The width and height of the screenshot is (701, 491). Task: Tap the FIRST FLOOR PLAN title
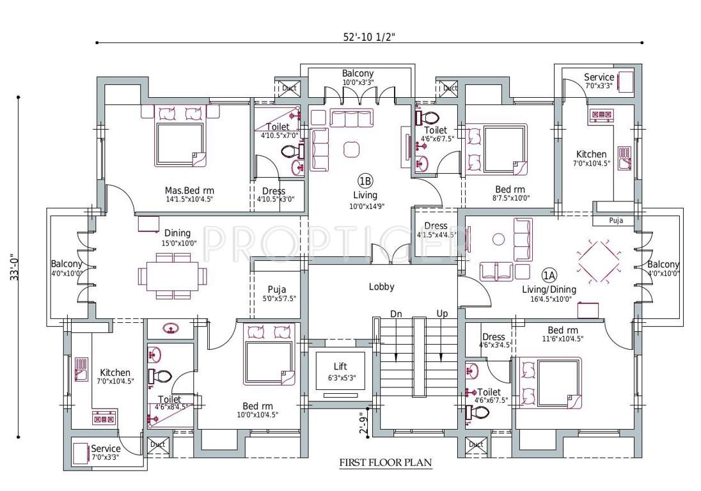click(x=385, y=462)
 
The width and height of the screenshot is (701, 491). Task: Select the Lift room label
click(x=340, y=366)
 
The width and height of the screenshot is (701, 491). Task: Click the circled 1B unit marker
click(x=365, y=180)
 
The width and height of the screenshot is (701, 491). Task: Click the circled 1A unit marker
click(x=549, y=276)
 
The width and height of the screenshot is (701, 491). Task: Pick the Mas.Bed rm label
click(x=189, y=191)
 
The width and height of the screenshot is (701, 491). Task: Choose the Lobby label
click(x=382, y=287)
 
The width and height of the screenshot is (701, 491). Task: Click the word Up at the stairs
click(x=442, y=313)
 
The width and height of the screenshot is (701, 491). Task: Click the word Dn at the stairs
click(x=396, y=313)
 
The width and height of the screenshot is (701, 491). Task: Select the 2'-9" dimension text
click(x=363, y=423)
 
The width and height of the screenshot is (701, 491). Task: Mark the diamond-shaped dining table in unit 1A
click(x=599, y=260)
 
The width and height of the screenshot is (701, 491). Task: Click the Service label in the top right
click(x=599, y=77)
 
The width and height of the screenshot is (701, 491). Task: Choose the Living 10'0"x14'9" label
click(x=365, y=195)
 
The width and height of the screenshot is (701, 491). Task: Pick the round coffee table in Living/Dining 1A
click(x=499, y=240)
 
